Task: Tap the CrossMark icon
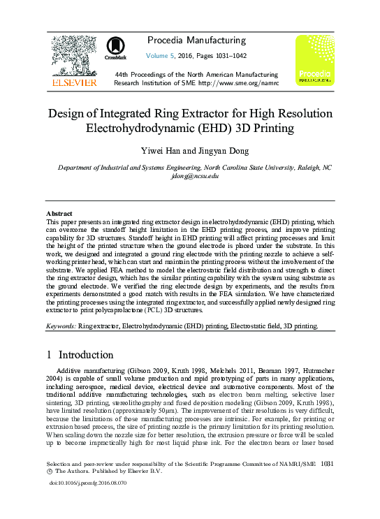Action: pos(115,48)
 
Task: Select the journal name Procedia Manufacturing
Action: pos(196,41)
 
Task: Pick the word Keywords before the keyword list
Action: pos(61,326)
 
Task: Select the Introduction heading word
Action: pos(86,355)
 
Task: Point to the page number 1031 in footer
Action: pos(324,483)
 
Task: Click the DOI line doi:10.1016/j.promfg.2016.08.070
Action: pos(87,502)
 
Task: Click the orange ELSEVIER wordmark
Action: pos(73,82)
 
